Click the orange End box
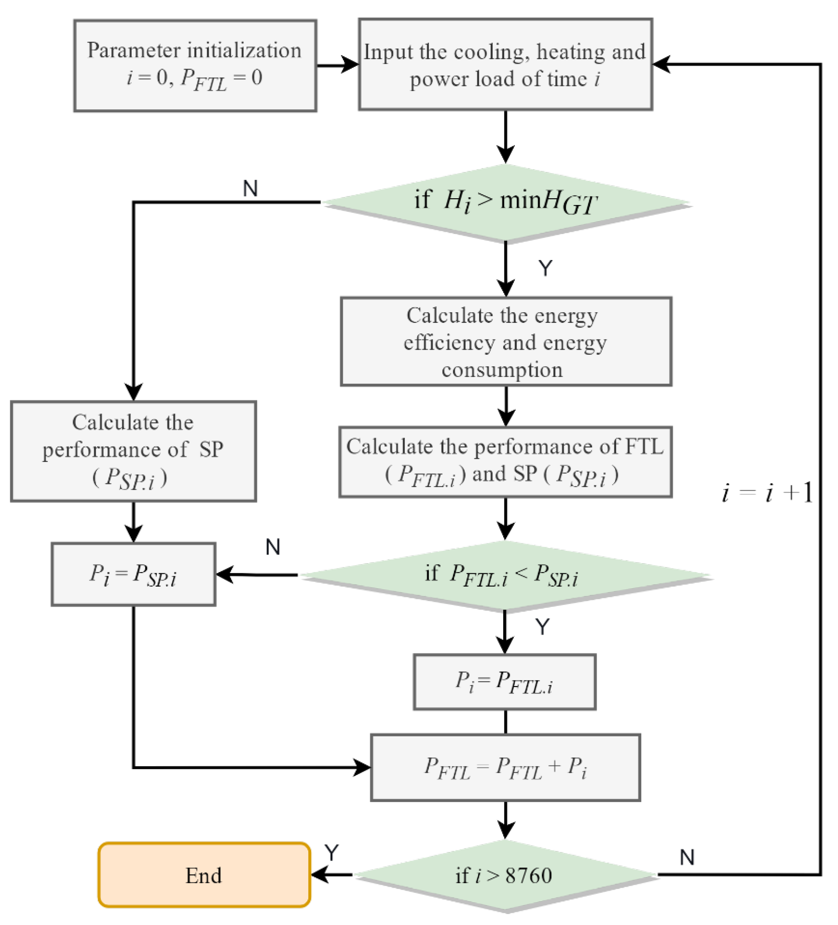pos(204,875)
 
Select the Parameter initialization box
pos(195,65)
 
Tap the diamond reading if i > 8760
pos(505,875)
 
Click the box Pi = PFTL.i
pos(505,682)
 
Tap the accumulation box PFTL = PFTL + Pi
pos(505,767)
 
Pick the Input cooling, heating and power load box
pos(505,64)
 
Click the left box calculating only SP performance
pos(133,451)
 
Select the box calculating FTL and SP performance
pos(505,462)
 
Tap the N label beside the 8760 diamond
pos(687,857)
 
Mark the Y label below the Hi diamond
pos(545,268)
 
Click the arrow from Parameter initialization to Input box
pos(337,65)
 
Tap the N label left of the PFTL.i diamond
pos(272,547)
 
